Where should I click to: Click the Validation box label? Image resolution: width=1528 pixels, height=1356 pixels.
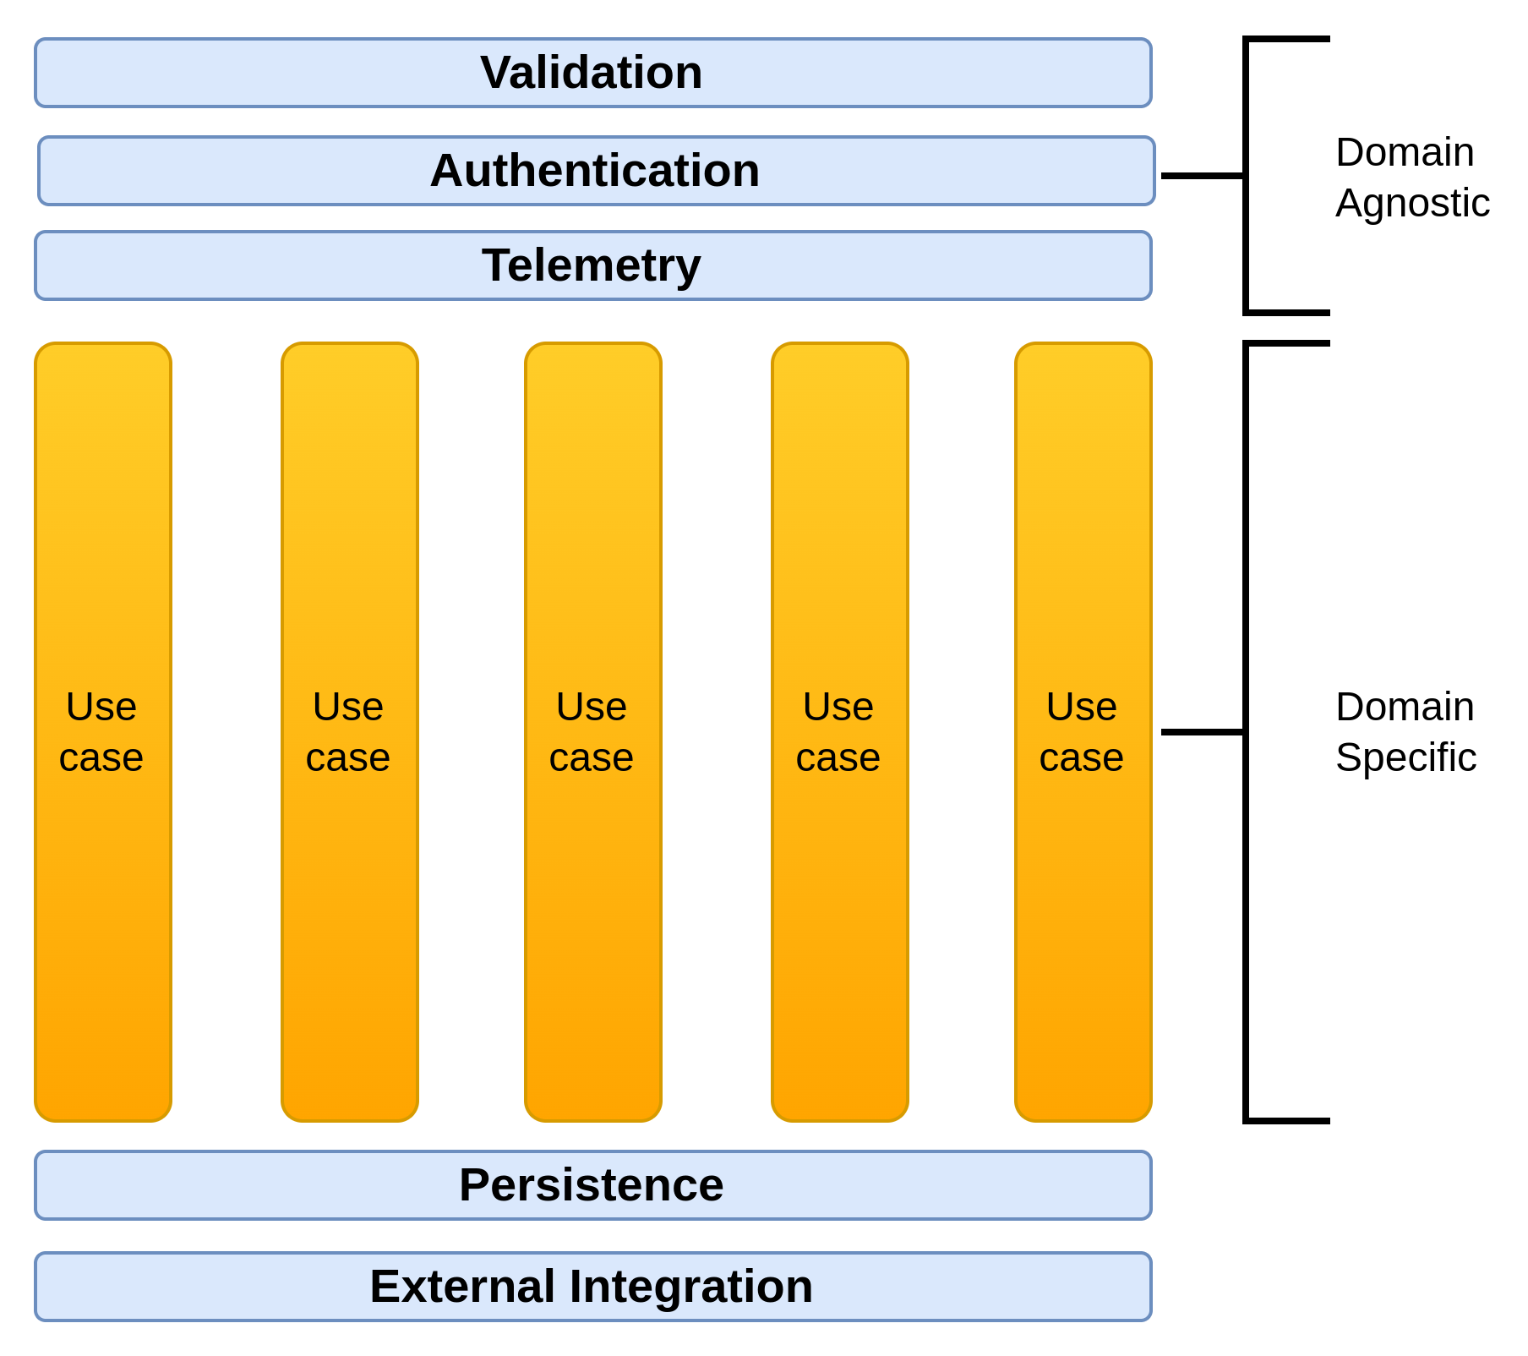[592, 73]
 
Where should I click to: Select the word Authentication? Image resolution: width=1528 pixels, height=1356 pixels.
[595, 171]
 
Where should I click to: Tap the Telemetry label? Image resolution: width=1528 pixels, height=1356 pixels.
[592, 265]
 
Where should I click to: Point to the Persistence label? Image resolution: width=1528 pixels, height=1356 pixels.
[592, 1185]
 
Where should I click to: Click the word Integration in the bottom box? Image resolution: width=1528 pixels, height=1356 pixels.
[691, 1287]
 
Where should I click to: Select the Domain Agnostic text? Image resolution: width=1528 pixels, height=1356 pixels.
[1412, 178]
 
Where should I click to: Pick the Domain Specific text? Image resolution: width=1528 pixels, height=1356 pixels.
[1405, 732]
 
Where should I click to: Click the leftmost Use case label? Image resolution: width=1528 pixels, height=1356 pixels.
[101, 732]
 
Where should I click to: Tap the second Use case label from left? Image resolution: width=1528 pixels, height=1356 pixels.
[348, 732]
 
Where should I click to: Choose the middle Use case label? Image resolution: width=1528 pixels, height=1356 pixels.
[592, 732]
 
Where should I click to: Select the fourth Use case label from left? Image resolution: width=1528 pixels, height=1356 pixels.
[838, 732]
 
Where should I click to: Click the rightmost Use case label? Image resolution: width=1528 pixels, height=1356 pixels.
[1082, 732]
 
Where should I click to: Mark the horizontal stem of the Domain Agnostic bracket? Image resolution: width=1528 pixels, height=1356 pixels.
[1203, 176]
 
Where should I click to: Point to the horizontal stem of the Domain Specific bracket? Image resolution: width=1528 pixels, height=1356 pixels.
[1203, 732]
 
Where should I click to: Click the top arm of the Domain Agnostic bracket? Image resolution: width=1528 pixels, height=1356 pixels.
[1286, 39]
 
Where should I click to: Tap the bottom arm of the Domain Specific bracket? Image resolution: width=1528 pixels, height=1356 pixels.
[1286, 1121]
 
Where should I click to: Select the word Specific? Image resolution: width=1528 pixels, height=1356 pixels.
[1405, 758]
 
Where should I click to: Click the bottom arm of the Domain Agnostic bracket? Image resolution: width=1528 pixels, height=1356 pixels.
[1286, 313]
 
